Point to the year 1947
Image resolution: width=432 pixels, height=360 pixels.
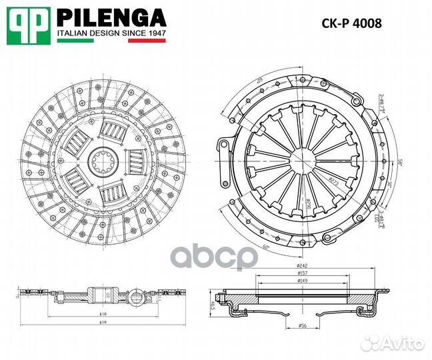coord(155,33)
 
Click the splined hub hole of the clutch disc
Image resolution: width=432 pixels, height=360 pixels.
coord(103,161)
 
